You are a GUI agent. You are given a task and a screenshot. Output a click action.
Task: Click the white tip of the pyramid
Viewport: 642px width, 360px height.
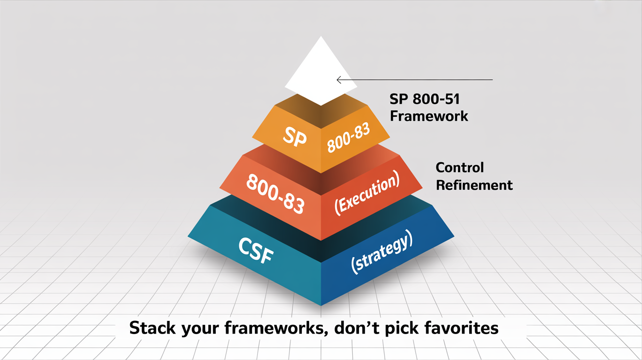(321, 71)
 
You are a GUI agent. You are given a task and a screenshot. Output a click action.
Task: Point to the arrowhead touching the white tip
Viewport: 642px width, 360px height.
(339, 80)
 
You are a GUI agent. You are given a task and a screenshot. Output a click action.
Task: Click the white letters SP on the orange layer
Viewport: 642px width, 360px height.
(295, 137)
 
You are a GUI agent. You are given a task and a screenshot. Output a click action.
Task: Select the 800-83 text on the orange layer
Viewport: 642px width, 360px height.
(348, 138)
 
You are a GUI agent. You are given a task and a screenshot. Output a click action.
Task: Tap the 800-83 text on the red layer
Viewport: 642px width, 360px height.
(275, 194)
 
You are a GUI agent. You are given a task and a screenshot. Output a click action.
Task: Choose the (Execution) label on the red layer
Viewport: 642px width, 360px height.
(367, 192)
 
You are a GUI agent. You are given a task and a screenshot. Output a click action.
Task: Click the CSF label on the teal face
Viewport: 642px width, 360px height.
(256, 250)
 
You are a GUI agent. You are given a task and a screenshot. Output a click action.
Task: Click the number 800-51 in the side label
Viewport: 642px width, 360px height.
(436, 99)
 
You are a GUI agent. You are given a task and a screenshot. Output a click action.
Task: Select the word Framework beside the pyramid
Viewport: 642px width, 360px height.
(429, 116)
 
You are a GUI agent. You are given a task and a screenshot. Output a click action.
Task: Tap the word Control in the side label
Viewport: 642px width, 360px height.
(459, 168)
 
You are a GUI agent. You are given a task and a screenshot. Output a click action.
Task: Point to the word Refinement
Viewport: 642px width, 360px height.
(474, 185)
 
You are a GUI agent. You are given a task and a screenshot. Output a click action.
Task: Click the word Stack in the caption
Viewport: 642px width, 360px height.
(152, 328)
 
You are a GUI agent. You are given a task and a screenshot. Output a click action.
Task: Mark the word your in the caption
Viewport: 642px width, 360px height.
(200, 329)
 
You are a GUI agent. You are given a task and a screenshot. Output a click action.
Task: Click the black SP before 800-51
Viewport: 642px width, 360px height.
(398, 99)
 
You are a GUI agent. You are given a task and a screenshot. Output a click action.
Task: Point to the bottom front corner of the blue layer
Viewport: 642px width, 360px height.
(321, 305)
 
